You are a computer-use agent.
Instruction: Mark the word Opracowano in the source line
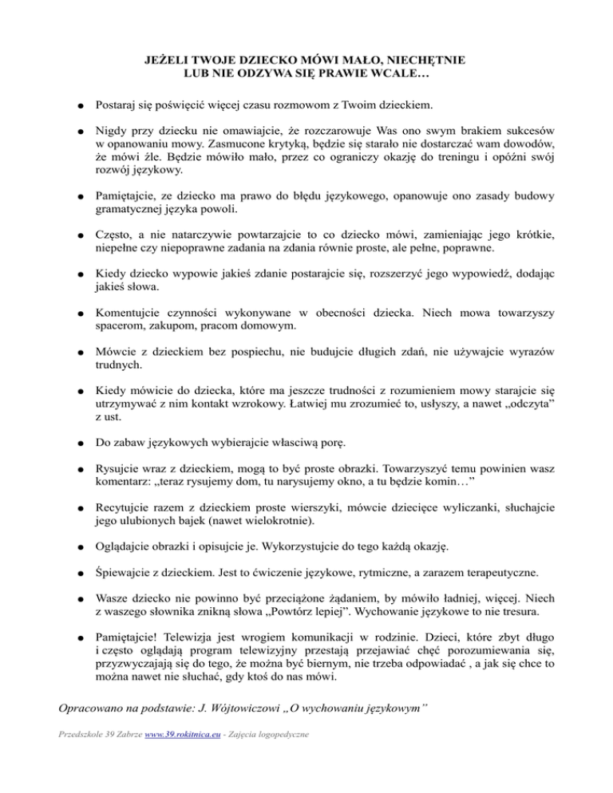[89, 707]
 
